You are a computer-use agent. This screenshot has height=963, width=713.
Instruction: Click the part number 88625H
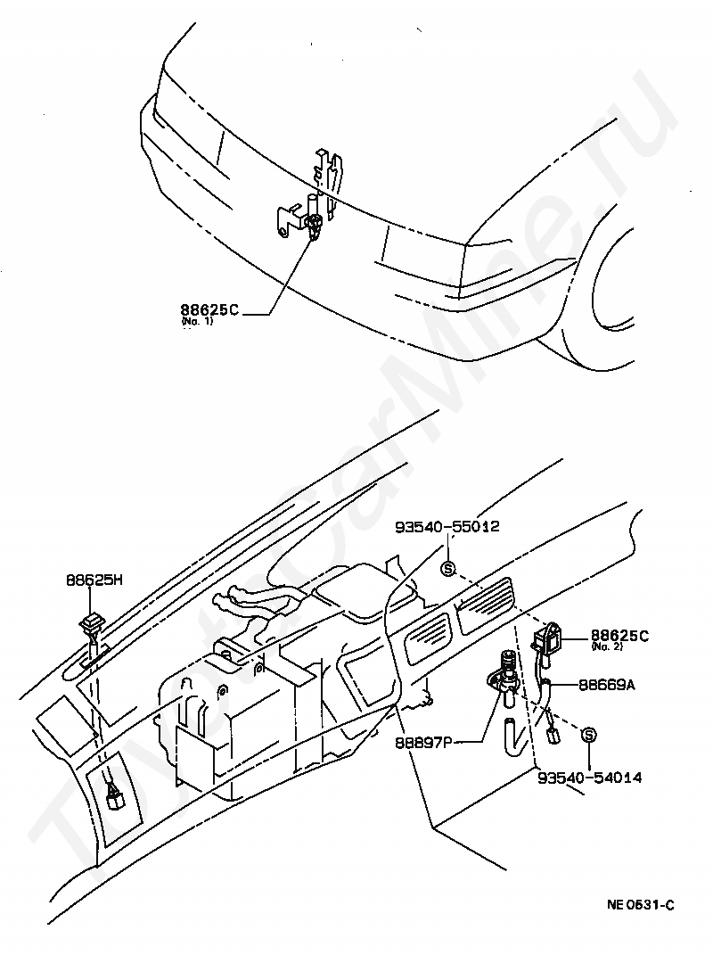pyautogui.click(x=94, y=579)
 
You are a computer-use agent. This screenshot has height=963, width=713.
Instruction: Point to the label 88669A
pyautogui.click(x=606, y=686)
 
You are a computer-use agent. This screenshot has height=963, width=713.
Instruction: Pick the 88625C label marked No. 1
pyautogui.click(x=209, y=311)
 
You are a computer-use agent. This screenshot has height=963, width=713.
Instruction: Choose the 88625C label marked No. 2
pyautogui.click(x=619, y=636)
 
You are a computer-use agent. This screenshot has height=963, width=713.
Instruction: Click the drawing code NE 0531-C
pyautogui.click(x=641, y=905)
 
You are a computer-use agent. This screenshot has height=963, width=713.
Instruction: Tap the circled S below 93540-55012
pyautogui.click(x=448, y=567)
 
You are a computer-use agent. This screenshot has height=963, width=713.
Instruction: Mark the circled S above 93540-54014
pyautogui.click(x=588, y=735)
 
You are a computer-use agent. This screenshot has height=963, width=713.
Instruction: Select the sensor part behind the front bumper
pyautogui.click(x=314, y=225)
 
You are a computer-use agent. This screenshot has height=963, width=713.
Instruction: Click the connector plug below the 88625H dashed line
pyautogui.click(x=115, y=796)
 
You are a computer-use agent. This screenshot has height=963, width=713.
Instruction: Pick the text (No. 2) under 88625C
pyautogui.click(x=605, y=647)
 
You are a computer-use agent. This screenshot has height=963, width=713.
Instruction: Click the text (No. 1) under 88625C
pyautogui.click(x=197, y=321)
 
